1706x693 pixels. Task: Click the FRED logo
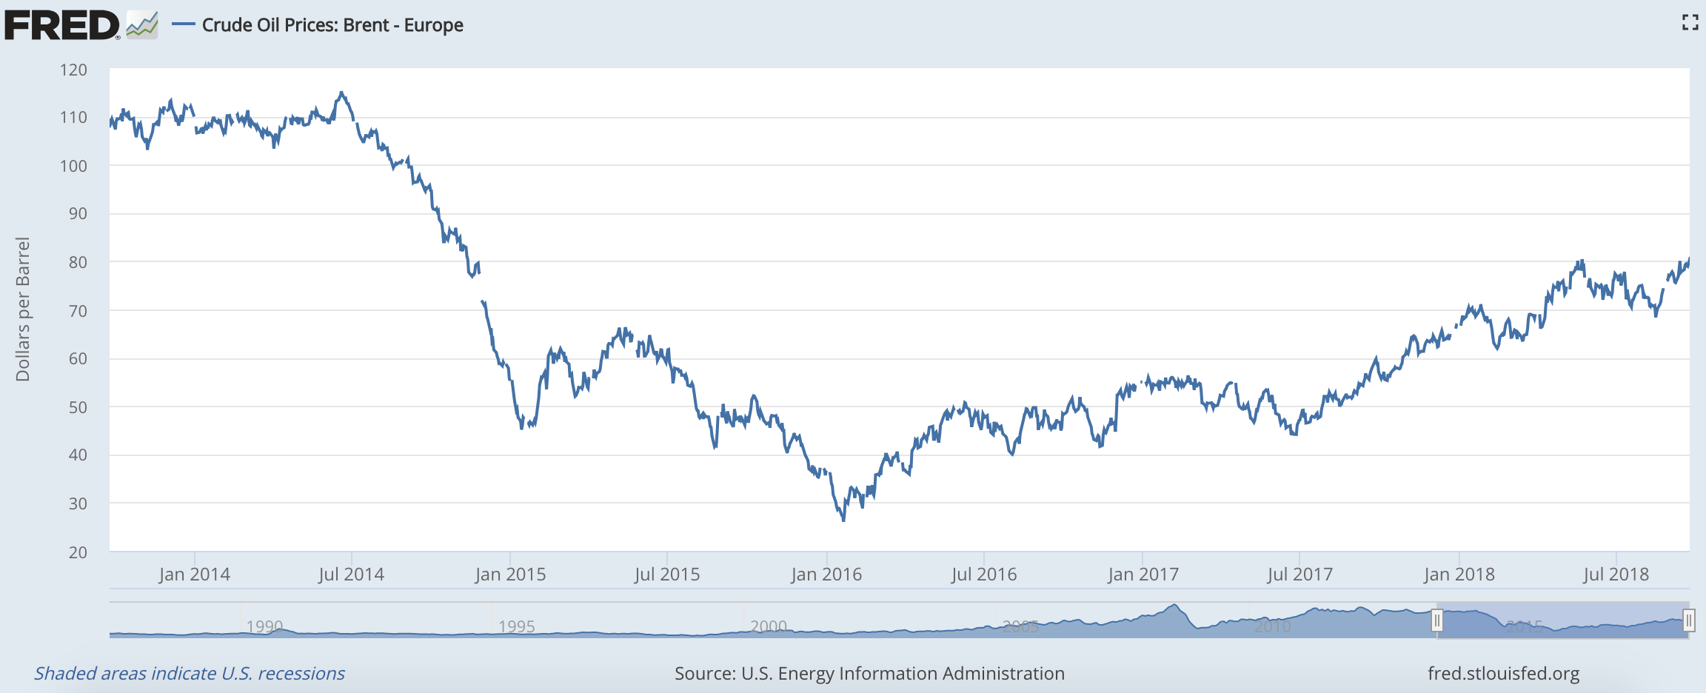pos(62,25)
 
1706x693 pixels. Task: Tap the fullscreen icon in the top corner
pos(1689,23)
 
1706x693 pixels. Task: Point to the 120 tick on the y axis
pos(73,70)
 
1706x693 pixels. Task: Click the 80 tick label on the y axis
pos(77,262)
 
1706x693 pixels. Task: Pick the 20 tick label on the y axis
pos(77,552)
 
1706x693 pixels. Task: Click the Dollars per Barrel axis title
pos(23,309)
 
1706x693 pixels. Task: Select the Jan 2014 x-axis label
pos(194,575)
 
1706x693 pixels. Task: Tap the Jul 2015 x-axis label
pos(666,575)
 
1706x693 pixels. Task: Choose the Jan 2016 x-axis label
pos(826,575)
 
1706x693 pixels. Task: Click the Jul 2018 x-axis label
pos(1616,575)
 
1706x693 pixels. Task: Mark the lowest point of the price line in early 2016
pos(843,520)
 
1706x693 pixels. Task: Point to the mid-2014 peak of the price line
pos(341,93)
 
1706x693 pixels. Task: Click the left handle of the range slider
pos(1436,620)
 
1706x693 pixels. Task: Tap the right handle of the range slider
pos(1688,620)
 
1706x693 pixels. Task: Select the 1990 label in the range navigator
pos(264,626)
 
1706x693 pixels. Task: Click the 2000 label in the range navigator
pos(768,626)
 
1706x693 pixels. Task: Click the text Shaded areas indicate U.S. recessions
pos(190,674)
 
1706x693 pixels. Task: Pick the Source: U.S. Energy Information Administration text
pos(869,674)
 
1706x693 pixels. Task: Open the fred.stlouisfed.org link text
pos(1503,674)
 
